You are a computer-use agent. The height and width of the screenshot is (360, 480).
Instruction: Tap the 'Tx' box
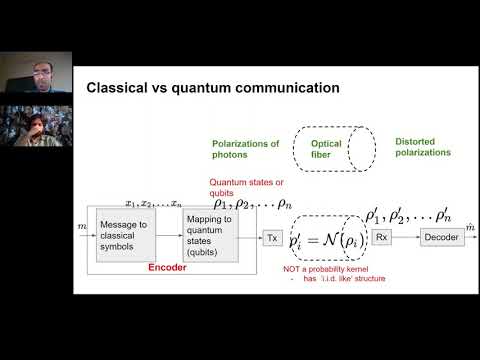coord(272,237)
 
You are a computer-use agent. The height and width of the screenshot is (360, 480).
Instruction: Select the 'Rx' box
coord(382,237)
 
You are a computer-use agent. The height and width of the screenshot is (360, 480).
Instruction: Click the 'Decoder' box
coord(440,237)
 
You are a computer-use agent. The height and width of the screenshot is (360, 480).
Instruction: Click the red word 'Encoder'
coord(167,268)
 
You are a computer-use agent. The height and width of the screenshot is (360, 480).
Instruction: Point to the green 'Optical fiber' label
coord(327,150)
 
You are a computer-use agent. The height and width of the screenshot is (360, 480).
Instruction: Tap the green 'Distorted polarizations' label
coord(425,147)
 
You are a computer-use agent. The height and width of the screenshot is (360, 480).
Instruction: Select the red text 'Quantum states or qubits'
coord(236,189)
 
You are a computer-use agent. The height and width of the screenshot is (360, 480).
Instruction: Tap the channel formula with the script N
coord(326,239)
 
